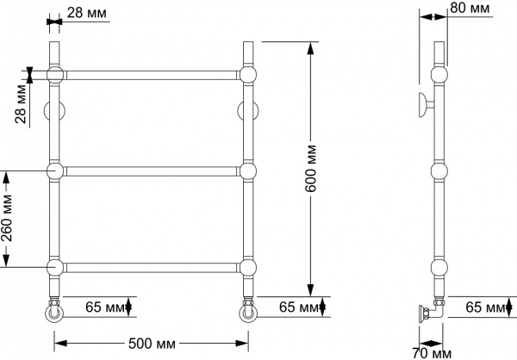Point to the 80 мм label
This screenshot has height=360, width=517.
click(470, 9)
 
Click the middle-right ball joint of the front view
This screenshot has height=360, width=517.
click(249, 171)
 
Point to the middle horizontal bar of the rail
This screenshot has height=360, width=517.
click(153, 171)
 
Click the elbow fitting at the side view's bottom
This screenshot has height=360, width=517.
click(435, 310)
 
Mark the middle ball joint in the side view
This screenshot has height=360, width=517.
click(439, 171)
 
